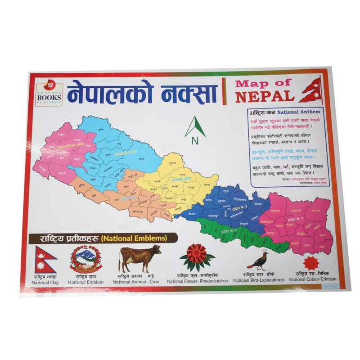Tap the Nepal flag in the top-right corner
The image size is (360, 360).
(x=312, y=90)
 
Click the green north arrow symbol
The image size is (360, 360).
(x=195, y=126)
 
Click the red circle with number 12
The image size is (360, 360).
(x=50, y=84)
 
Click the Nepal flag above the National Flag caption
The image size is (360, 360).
(x=45, y=259)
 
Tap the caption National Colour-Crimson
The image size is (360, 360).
(x=310, y=280)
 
